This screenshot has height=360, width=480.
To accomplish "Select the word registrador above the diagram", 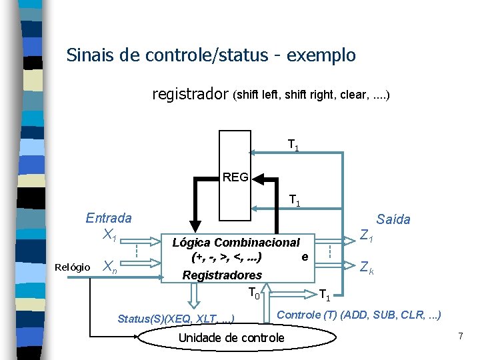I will click(x=190, y=95).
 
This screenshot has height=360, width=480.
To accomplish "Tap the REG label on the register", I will click(x=235, y=177).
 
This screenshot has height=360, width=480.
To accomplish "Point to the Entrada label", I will click(x=109, y=218).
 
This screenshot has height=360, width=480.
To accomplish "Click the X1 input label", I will click(x=110, y=234).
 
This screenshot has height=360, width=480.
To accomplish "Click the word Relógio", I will click(x=73, y=267).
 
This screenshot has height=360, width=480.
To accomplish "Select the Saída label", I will click(x=393, y=219).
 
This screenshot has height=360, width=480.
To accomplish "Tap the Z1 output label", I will click(x=367, y=235).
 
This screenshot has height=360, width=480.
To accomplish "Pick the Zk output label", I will click(x=367, y=268).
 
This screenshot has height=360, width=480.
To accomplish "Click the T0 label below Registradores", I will click(x=254, y=292).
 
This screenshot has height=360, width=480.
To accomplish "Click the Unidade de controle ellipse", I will click(x=231, y=338).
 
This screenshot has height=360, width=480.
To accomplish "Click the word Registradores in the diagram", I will click(x=222, y=275).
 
